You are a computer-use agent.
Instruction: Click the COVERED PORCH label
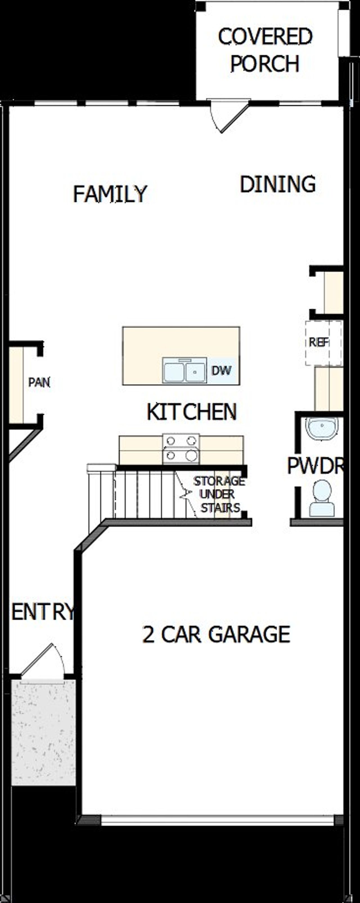coord(265,50)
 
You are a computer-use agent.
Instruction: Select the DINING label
coord(278,184)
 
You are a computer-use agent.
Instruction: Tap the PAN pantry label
coord(39,382)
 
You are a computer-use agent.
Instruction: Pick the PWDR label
coord(314,466)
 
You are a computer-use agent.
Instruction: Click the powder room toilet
coord(322,498)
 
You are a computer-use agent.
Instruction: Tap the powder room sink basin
coord(322,428)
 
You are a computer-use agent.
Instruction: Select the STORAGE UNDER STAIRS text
coord(219,494)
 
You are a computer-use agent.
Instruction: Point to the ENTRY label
coord(43,612)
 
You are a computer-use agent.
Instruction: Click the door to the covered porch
coord(228,116)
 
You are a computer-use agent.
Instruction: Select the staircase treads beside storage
coord(144,494)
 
